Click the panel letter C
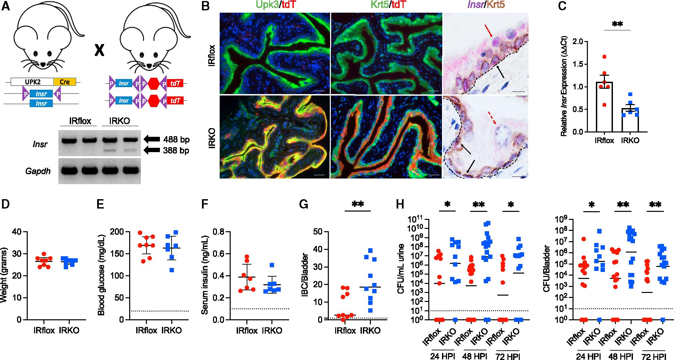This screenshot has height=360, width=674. [562, 6]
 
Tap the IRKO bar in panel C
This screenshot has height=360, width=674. [630, 120]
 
